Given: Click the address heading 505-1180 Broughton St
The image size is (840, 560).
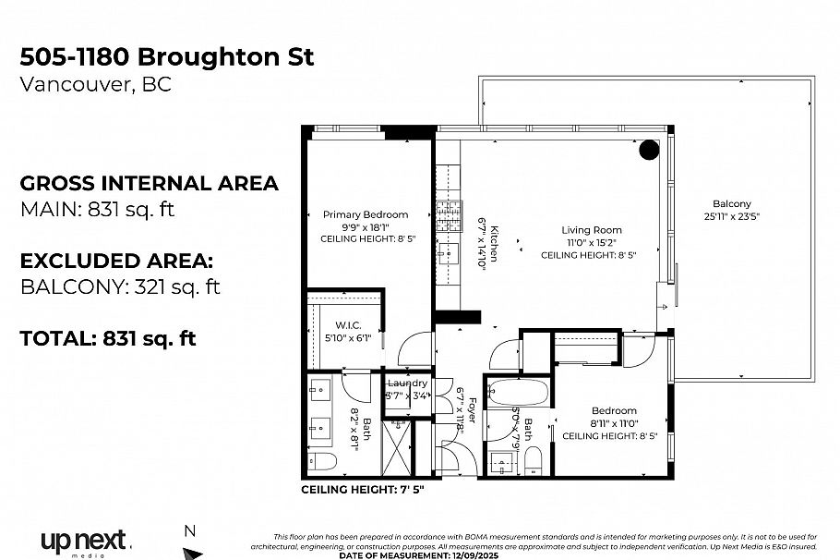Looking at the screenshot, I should [167, 56].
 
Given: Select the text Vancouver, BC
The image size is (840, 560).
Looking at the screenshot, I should [95, 85].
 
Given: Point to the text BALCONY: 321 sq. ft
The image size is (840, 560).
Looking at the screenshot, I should [120, 286].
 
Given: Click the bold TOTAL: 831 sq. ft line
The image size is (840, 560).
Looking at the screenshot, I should [108, 338].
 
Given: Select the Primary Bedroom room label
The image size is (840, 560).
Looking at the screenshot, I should [365, 214].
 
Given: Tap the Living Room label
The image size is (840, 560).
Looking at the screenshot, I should [593, 230].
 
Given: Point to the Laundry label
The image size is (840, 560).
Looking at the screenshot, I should [407, 383].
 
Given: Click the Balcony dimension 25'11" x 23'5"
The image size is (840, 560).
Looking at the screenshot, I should [731, 216].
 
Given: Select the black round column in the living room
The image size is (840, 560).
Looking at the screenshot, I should [650, 149].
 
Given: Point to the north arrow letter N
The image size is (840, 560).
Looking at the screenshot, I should [190, 530].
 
